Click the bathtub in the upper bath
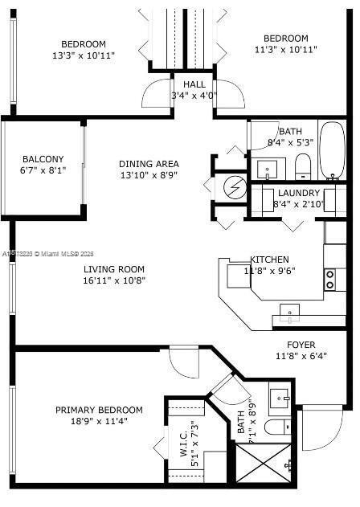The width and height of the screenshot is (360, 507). click(x=333, y=150)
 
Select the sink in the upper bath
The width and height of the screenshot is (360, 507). click(x=268, y=169)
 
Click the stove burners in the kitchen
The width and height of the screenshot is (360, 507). click(x=329, y=279)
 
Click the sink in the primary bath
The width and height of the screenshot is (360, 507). click(x=280, y=396)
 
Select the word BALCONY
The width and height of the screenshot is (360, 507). click(x=43, y=159)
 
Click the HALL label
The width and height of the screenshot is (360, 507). click(x=194, y=84)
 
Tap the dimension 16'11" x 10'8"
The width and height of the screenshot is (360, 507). click(x=113, y=281)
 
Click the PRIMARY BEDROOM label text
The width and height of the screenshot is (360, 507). click(x=99, y=410)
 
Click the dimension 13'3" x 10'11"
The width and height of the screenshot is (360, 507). click(x=84, y=55)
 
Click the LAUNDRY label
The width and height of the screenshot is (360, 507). click(x=299, y=193)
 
